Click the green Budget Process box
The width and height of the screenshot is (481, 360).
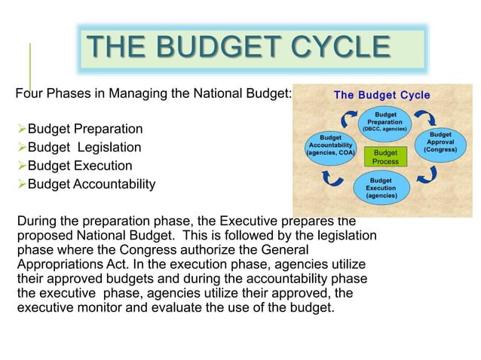point(386,157)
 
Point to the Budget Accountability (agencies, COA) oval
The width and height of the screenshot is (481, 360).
point(329,145)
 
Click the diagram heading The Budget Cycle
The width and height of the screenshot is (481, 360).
point(382,95)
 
